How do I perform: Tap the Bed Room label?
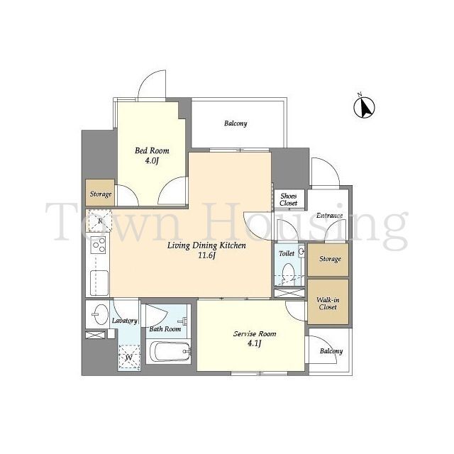click(x=152, y=150)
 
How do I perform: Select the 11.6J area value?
click(x=206, y=255)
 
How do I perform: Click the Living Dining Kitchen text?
click(x=206, y=245)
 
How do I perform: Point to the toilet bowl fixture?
click(x=288, y=272)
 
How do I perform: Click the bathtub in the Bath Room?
click(x=168, y=352)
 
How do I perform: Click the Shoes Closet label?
click(x=289, y=199)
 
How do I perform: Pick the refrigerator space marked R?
click(x=100, y=221)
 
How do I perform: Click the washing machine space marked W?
click(x=129, y=358)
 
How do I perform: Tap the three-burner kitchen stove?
click(x=99, y=245)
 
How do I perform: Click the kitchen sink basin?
click(x=99, y=282)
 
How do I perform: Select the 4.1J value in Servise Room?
click(x=255, y=343)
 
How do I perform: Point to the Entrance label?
click(x=329, y=216)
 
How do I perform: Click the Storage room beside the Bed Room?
click(x=100, y=193)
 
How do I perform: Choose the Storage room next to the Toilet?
click(x=328, y=260)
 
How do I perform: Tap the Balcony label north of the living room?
click(x=236, y=123)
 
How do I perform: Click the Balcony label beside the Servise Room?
click(x=331, y=351)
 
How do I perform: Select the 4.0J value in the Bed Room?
click(x=152, y=161)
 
